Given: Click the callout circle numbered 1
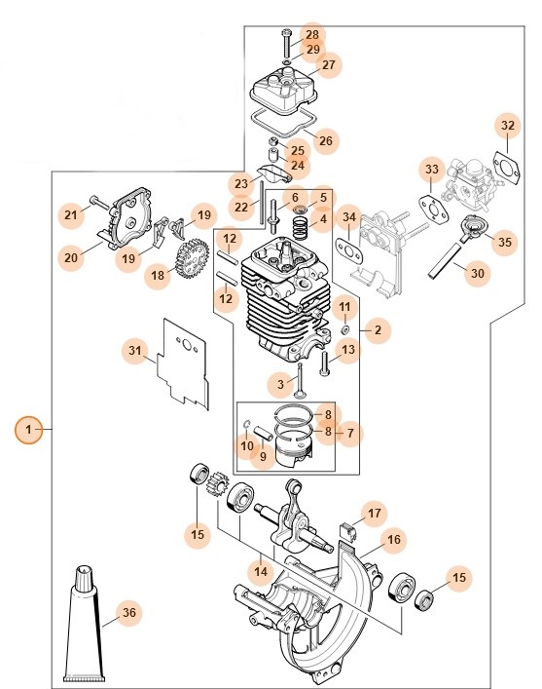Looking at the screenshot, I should (x=28, y=429).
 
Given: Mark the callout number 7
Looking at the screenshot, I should (x=349, y=432).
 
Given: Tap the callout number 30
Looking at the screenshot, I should (x=476, y=274).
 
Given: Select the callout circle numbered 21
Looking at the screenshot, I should (x=70, y=214).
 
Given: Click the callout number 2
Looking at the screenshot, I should (x=378, y=331).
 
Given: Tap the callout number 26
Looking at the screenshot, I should (x=325, y=140).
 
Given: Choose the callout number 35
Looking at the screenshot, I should (x=503, y=242).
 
